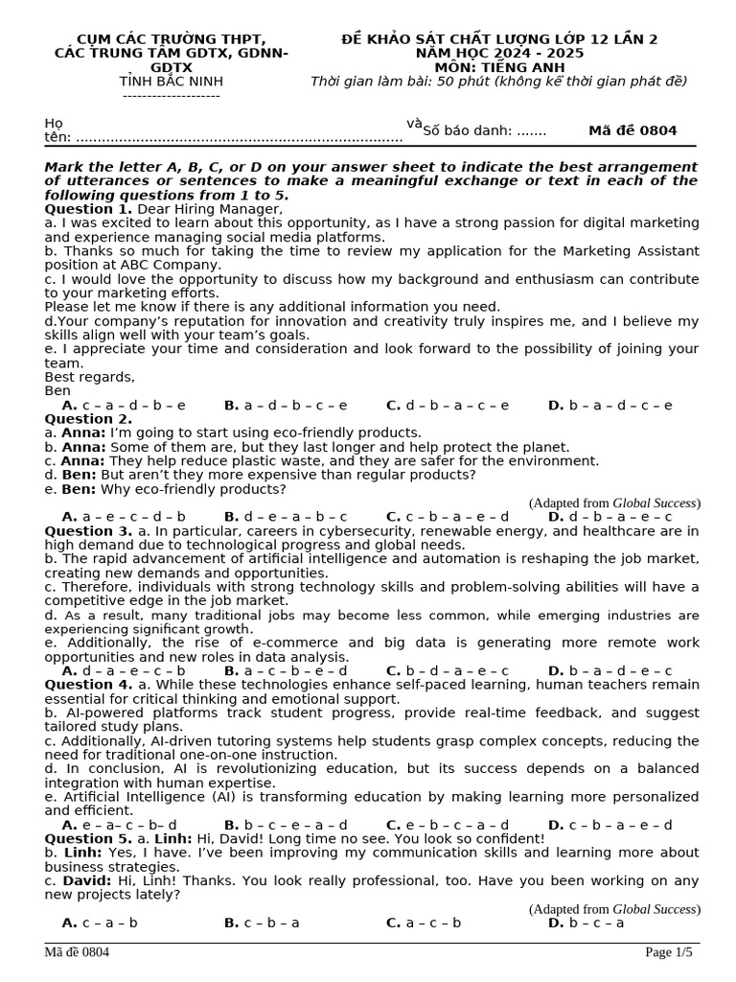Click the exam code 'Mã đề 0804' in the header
[632, 130]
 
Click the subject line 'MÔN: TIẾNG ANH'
[498, 67]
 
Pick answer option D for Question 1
[610, 405]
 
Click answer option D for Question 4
[610, 825]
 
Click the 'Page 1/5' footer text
[669, 952]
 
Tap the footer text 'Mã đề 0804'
[77, 952]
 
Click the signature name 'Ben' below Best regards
[57, 391]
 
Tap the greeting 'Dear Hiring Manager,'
[211, 208]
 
